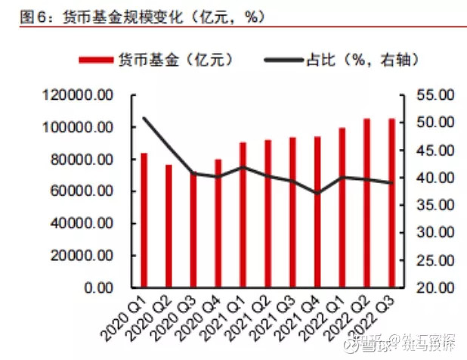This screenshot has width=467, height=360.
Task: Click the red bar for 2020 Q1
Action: pyautogui.click(x=144, y=220)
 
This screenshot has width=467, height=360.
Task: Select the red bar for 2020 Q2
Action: pyautogui.click(x=169, y=226)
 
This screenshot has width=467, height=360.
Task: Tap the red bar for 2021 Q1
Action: pyautogui.click(x=243, y=215)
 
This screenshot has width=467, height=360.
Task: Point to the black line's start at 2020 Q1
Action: pyautogui.click(x=144, y=118)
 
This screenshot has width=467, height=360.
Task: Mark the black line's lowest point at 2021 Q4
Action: pyautogui.click(x=317, y=193)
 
